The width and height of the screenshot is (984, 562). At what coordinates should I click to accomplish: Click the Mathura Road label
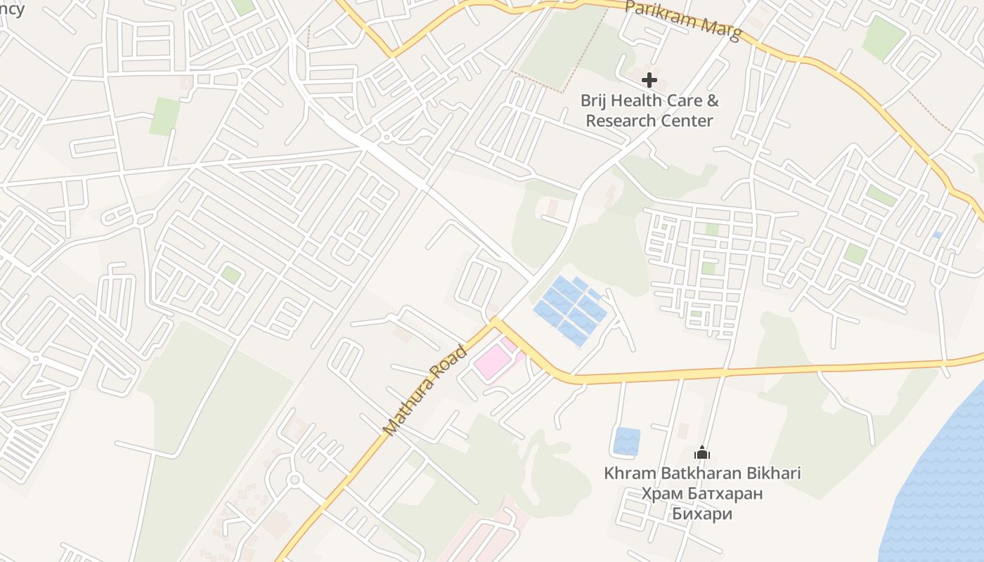click(425, 390)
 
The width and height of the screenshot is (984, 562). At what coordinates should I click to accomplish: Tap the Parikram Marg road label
click(682, 20)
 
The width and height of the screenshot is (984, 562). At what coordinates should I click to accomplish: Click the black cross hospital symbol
click(649, 80)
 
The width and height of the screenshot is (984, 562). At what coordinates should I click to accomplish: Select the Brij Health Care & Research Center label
click(649, 110)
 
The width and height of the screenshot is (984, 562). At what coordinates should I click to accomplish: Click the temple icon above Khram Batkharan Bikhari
click(701, 453)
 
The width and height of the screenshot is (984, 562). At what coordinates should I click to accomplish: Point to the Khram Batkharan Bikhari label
click(702, 473)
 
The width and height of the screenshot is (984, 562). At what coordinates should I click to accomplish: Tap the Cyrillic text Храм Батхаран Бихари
click(702, 503)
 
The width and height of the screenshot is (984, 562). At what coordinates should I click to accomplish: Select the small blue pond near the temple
click(627, 441)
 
